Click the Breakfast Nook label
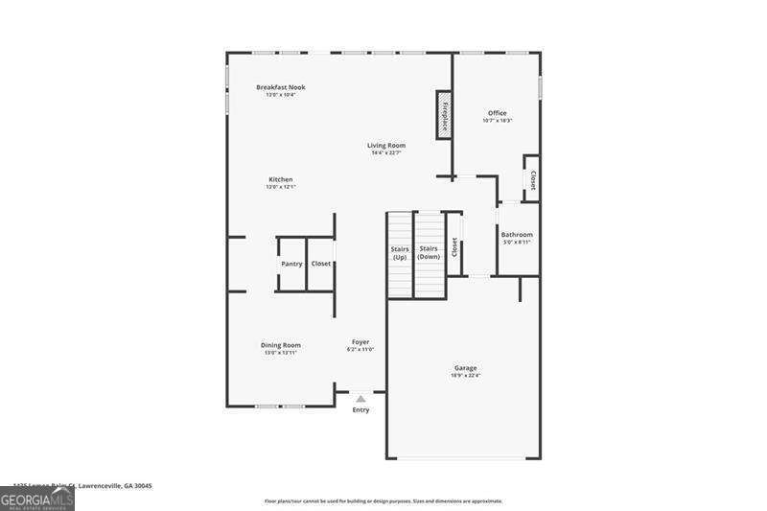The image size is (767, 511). point(280,87)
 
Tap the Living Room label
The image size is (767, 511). point(386,146)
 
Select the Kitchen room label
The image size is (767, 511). point(280,179)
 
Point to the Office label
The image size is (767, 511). point(497,113)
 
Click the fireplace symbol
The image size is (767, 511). point(444,114)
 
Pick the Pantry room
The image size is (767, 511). point(291,264)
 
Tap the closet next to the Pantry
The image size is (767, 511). point(320,264)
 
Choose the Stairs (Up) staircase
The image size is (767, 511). point(400,254)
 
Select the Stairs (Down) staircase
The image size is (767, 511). point(429,254)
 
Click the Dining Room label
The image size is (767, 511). point(281,345)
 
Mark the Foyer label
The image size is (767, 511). point(360,342)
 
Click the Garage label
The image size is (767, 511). point(466,368)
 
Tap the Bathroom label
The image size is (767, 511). point(517,235)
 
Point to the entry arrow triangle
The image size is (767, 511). point(360,398)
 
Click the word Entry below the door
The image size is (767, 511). point(360,410)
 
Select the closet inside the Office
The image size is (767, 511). point(532,179)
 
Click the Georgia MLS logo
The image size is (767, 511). point(37,499)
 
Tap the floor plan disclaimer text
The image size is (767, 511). point(383,500)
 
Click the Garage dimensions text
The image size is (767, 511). point(466,376)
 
